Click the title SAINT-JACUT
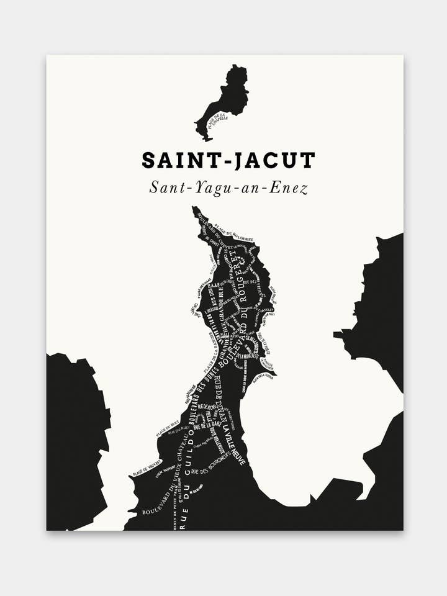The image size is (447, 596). [x=228, y=160]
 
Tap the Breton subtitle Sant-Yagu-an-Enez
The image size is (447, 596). [x=228, y=188]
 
